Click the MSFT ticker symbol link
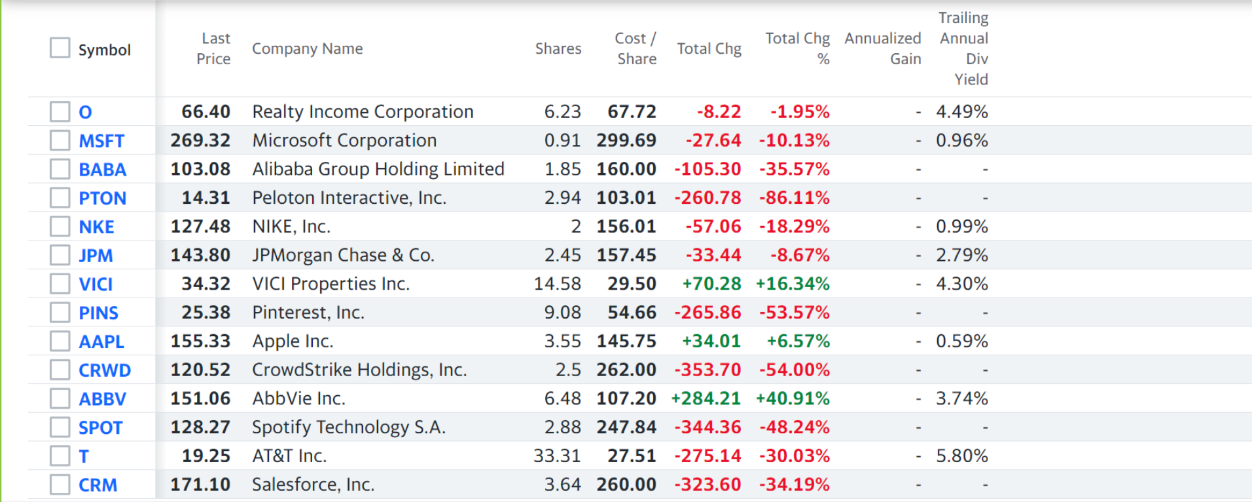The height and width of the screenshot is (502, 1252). point(101,141)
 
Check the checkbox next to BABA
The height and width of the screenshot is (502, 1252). point(60,169)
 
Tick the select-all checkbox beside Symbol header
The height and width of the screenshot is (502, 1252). point(60,48)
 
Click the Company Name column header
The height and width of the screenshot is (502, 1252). point(308,48)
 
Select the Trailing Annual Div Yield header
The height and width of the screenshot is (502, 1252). point(963,48)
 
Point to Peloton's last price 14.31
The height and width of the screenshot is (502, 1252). point(206,198)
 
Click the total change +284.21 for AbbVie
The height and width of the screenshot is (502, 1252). point(706,398)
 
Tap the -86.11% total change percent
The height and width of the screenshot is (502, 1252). point(795,198)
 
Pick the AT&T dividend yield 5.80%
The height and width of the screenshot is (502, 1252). point(962,456)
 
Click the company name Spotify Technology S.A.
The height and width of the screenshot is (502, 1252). point(349,427)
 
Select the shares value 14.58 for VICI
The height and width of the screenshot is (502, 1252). point(558,284)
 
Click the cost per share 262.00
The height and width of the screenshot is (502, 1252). point(626,370)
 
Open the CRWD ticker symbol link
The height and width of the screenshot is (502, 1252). point(105,370)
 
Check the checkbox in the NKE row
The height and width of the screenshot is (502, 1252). point(60,227)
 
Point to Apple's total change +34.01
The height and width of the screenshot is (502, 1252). point(711,341)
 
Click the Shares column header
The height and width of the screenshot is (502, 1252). point(558,48)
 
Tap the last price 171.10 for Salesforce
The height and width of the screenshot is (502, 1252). point(200,485)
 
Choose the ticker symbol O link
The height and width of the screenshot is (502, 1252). point(85,112)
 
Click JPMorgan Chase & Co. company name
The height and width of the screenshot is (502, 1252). point(344,255)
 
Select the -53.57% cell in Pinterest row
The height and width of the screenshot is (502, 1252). point(795,313)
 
